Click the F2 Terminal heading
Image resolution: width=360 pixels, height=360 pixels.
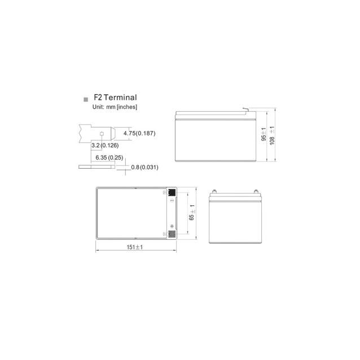(115, 98)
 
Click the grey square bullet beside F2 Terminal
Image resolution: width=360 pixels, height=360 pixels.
(86, 100)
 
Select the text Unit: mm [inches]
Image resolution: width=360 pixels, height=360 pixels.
(115, 107)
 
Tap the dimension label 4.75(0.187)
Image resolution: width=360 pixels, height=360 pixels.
(139, 133)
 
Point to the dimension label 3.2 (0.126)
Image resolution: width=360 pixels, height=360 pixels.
(105, 146)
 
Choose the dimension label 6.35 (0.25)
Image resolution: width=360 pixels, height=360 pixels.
(109, 158)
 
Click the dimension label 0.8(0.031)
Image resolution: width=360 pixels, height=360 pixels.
(144, 167)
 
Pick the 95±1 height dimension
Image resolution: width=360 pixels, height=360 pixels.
(264, 134)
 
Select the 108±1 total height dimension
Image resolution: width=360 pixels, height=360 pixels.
(272, 135)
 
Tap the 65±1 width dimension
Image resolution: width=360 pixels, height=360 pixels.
(192, 212)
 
